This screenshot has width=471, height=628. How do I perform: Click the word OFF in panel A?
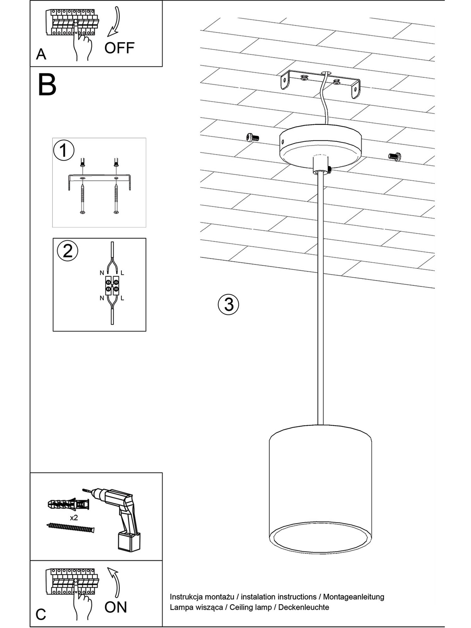click(119, 48)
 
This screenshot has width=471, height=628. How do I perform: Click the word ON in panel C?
click(116, 607)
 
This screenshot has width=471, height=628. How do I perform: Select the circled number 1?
click(64, 150)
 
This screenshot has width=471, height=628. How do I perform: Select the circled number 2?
click(68, 251)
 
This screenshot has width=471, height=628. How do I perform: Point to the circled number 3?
click(228, 304)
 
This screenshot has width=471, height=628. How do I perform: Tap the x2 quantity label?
click(74, 518)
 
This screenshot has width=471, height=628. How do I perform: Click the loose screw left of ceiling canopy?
click(253, 137)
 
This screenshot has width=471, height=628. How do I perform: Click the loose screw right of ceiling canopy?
click(395, 156)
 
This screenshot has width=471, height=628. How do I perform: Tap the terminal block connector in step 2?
click(112, 285)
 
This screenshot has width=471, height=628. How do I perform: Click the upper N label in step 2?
click(102, 273)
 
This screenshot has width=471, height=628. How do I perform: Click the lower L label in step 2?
click(122, 298)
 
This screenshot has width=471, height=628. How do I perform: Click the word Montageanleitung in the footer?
click(354, 597)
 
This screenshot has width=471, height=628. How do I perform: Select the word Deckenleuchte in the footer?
click(304, 607)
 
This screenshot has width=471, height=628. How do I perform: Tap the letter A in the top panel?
click(41, 54)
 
